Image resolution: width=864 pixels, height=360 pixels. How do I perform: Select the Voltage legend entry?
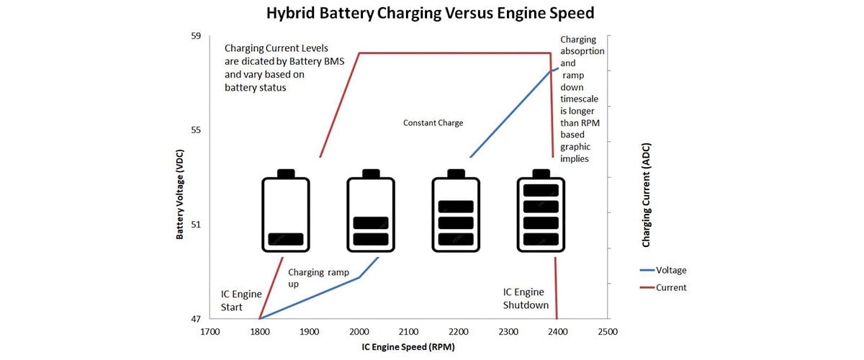671,270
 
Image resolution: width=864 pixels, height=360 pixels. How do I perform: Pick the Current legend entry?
670,287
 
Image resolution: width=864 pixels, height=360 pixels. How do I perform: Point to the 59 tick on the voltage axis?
196,35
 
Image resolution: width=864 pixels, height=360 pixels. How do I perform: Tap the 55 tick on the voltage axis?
196,130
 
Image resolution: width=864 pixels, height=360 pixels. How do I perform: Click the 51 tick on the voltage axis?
196,224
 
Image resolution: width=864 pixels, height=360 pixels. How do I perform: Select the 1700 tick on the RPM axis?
210,332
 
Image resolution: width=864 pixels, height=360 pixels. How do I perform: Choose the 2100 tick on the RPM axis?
408,332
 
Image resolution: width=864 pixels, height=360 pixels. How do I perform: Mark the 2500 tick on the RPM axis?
607,332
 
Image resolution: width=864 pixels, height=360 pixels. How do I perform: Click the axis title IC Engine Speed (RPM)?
408,347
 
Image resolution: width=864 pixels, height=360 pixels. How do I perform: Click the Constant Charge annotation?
433,123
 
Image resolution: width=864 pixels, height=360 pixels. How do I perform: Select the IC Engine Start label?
238,300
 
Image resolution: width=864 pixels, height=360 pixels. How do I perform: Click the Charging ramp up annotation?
318,279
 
